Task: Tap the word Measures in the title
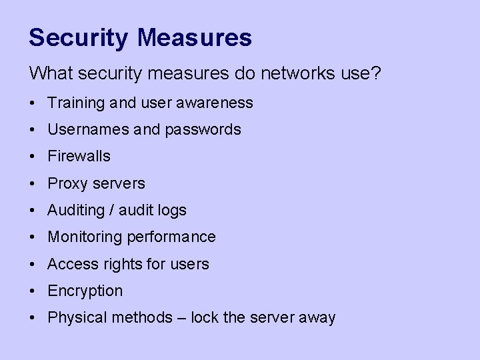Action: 195,37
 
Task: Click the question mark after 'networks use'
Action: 377,73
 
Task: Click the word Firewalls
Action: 79,157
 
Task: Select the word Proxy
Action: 66,183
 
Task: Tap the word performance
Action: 176,237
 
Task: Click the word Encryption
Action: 85,291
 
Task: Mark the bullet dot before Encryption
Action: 33,291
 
